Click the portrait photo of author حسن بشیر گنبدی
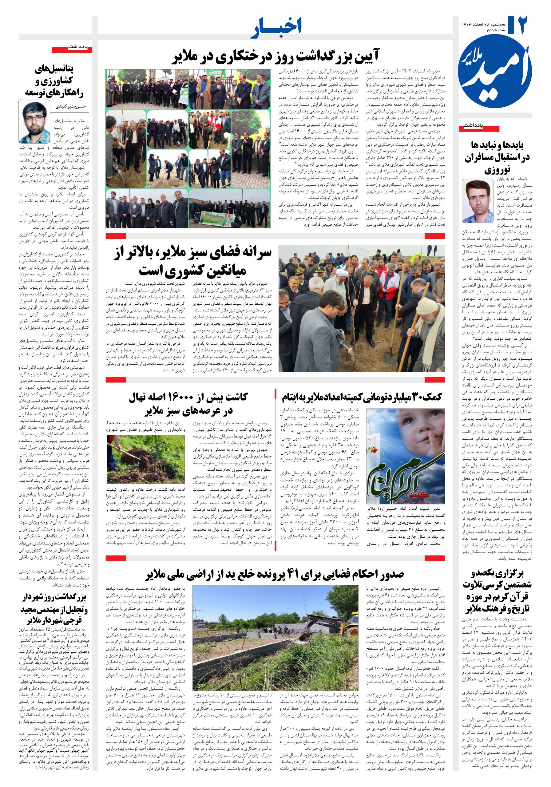(34, 122)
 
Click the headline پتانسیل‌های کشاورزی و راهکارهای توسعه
(54, 81)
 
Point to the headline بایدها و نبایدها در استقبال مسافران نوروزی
(497, 157)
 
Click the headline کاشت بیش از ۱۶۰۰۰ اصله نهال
(188, 404)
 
